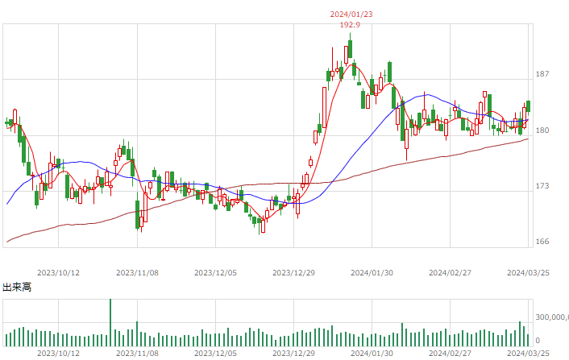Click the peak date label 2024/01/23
tap(351, 14)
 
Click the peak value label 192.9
tap(350, 25)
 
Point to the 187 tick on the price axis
tap(542, 74)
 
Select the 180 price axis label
tap(542, 130)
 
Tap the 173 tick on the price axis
tap(542, 185)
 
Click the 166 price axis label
tap(542, 242)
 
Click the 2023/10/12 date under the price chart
tap(58, 273)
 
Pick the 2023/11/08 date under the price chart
tap(137, 273)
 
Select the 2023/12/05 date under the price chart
tap(215, 273)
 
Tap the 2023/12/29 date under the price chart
tap(293, 273)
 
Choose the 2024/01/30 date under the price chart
tap(372, 273)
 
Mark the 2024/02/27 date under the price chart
tap(450, 273)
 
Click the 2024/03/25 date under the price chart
tap(528, 273)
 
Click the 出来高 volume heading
tap(17, 288)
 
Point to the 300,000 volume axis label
tap(552, 317)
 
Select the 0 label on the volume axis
tap(538, 341)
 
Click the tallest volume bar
tap(110, 323)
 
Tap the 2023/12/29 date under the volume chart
tap(293, 353)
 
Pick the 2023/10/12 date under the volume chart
tap(58, 353)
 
